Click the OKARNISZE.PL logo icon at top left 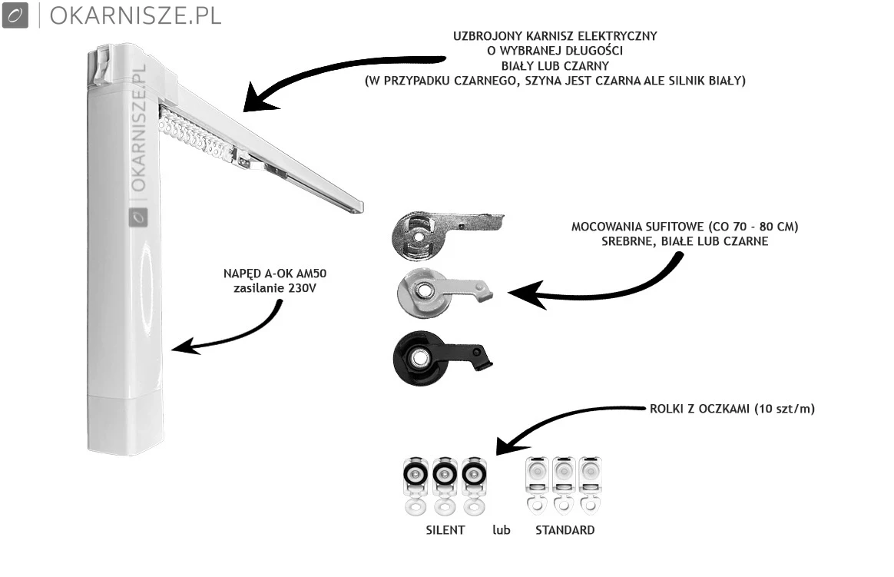point(15,15)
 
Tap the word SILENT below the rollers point(445,530)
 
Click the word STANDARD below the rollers point(565,530)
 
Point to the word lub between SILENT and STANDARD point(501,530)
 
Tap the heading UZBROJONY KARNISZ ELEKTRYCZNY point(555,36)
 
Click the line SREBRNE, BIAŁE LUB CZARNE point(685,241)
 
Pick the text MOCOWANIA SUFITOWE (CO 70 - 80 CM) point(685,227)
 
